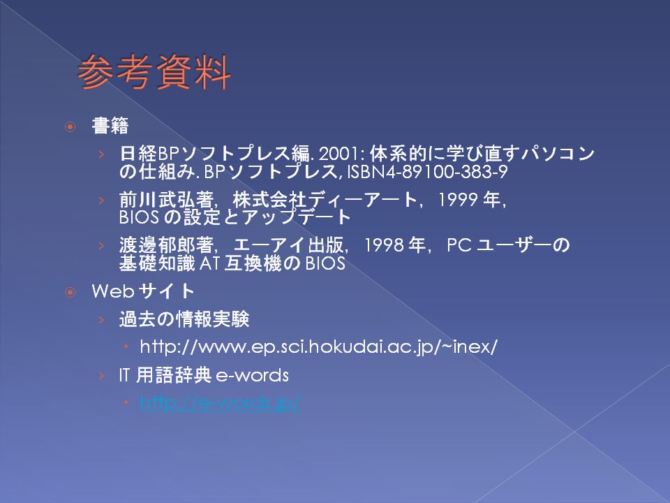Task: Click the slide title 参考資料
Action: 154,72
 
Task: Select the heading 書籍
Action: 110,126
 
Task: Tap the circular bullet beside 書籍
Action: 70,126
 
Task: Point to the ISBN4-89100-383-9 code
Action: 427,172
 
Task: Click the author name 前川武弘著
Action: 167,200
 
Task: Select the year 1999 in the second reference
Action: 458,200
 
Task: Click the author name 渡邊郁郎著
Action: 167,245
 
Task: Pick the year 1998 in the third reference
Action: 384,245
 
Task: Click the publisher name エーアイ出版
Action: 289,245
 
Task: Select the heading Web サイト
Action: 143,291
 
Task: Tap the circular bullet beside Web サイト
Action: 70,292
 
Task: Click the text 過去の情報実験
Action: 184,319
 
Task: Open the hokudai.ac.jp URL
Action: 319,347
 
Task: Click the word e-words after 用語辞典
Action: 253,376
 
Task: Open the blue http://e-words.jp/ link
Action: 220,403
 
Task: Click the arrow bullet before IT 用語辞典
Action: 101,376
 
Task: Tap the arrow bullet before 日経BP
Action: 101,154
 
